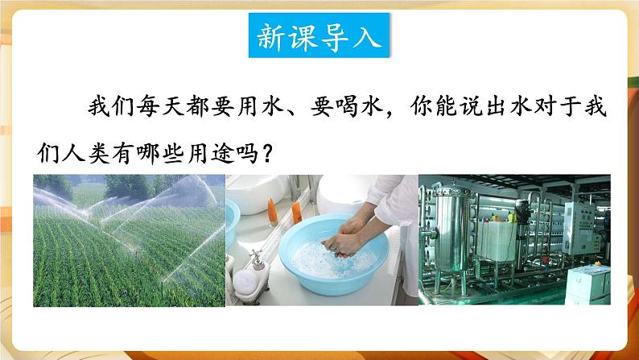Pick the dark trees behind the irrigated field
pyautogui.click(x=129, y=187)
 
